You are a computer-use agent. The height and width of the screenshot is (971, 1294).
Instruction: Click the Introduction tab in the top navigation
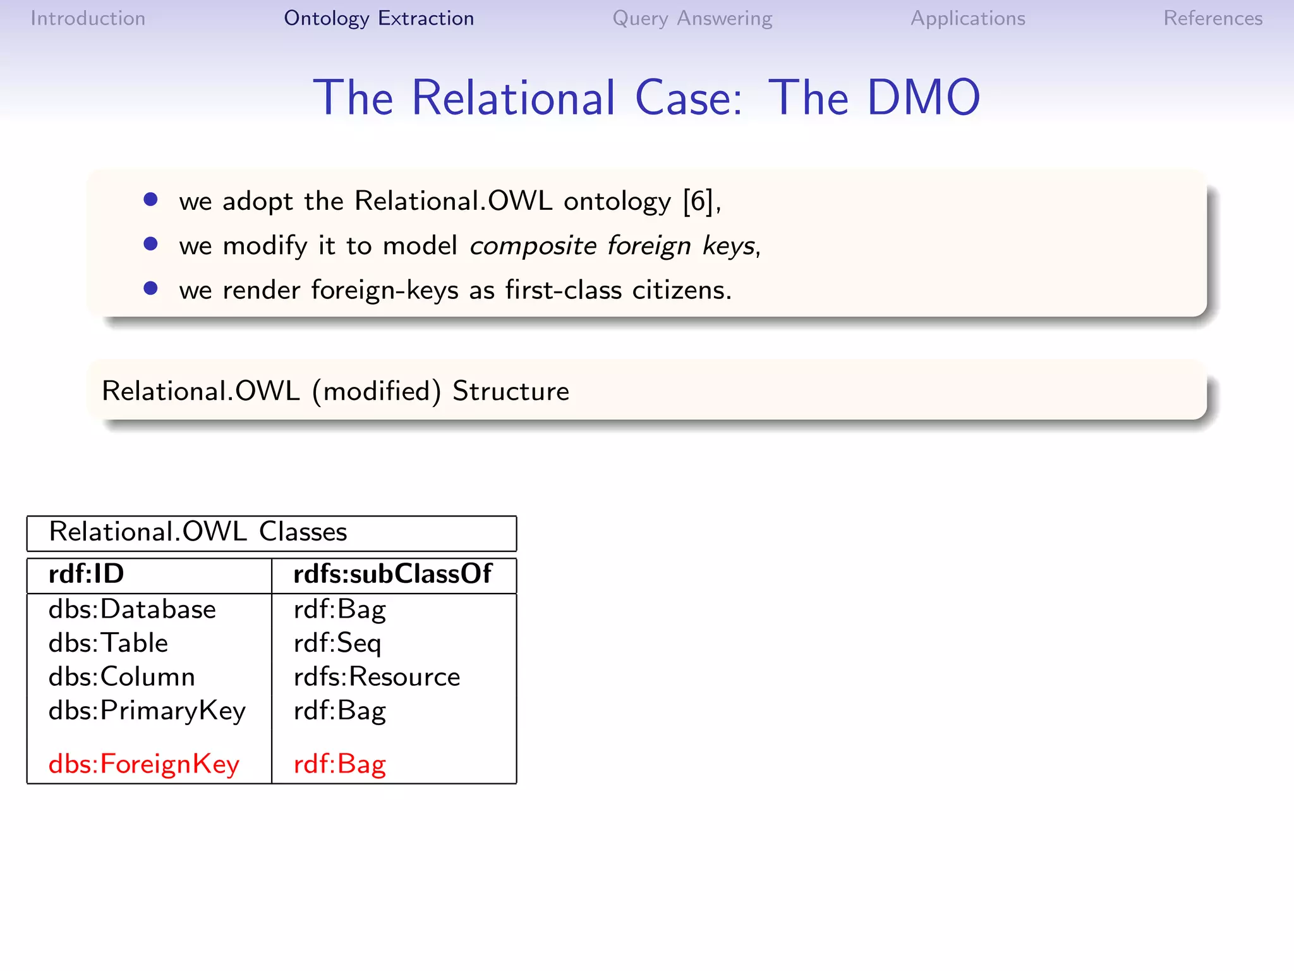pos(88,18)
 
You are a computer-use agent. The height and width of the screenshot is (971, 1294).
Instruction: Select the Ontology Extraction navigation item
pos(378,18)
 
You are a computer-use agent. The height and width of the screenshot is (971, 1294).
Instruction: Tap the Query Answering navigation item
pos(692,18)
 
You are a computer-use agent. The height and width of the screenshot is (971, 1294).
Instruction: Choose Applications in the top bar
pos(967,18)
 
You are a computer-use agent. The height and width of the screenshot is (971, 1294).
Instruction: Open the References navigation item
pos(1212,18)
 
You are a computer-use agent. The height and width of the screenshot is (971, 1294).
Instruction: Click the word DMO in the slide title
pos(923,98)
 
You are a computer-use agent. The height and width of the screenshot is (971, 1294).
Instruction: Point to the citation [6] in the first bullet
pos(698,201)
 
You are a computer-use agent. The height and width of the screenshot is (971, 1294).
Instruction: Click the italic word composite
pos(533,246)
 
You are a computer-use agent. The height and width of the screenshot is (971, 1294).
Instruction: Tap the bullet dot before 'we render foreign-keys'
pos(150,288)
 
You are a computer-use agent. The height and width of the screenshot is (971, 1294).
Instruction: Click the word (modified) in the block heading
pos(377,391)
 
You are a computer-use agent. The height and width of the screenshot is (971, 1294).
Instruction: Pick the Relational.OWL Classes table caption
pos(198,532)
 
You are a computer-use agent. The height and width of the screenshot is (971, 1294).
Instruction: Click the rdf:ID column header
pos(87,574)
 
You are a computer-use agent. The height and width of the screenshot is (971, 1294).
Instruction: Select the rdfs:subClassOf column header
pos(392,574)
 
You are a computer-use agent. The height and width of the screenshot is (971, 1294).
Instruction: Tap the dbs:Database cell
pos(132,609)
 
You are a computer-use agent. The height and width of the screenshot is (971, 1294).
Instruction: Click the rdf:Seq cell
pos(337,644)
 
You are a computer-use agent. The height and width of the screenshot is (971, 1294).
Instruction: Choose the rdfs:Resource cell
pos(377,677)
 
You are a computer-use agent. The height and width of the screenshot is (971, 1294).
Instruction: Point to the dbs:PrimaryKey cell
pos(147,711)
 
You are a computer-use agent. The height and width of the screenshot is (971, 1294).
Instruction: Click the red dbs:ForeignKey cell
pos(144,764)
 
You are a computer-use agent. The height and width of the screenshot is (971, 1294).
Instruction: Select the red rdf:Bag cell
pos(339,764)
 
